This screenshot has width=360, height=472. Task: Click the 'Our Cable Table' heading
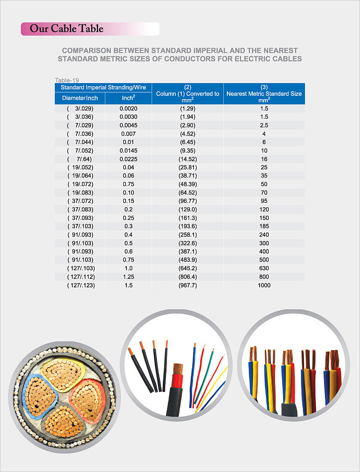tap(67, 29)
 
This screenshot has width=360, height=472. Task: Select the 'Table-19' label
tap(67, 80)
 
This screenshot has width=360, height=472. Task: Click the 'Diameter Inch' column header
tap(80, 98)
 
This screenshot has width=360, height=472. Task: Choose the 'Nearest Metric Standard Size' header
tap(264, 94)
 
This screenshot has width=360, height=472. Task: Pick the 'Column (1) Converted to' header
tap(188, 94)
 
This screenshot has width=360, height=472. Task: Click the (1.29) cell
tap(188, 108)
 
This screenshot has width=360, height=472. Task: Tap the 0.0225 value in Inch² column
tap(128, 159)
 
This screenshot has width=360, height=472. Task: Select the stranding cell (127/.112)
tap(81, 277)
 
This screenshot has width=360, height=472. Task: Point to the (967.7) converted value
tap(188, 285)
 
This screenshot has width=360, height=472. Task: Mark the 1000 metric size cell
tap(264, 285)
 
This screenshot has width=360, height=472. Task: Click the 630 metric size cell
tap(264, 268)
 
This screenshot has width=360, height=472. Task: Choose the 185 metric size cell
tap(264, 226)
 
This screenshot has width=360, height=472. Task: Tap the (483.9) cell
tap(188, 260)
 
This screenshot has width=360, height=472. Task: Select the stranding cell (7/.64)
tap(81, 159)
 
